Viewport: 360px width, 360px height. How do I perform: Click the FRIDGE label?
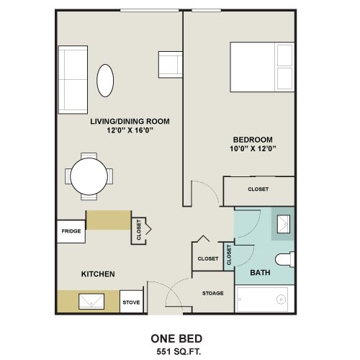pos(70,231)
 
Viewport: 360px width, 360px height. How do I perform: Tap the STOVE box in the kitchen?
pos(131,302)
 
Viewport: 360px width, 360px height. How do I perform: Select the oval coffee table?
pos(105,80)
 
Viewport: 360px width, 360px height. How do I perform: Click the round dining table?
pos(89,175)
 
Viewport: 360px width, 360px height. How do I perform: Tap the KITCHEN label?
pos(97,274)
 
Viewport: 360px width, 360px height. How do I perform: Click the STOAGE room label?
pos(212,293)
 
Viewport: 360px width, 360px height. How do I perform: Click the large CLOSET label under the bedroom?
pos(258,189)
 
